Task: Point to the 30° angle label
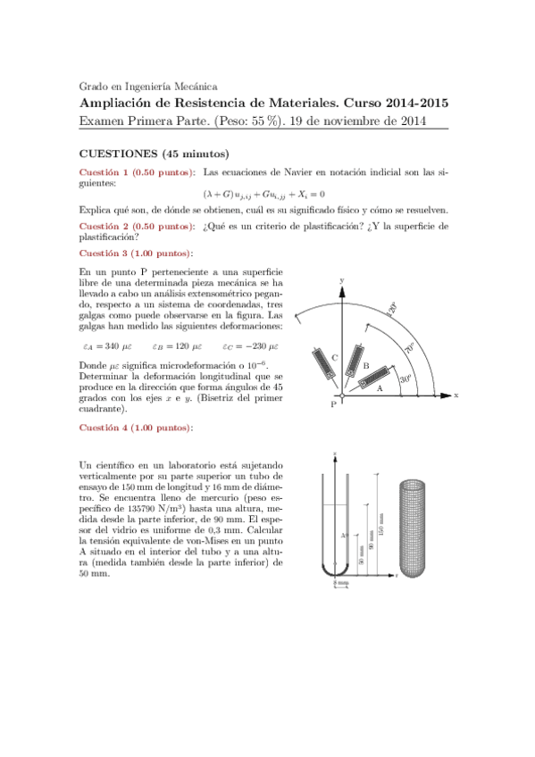pyautogui.click(x=405, y=378)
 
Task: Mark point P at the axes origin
pyautogui.click(x=332, y=404)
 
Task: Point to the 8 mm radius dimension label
pyautogui.click(x=341, y=584)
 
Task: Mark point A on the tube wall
pyautogui.click(x=344, y=536)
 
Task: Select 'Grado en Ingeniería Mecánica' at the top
pyautogui.click(x=148, y=87)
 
